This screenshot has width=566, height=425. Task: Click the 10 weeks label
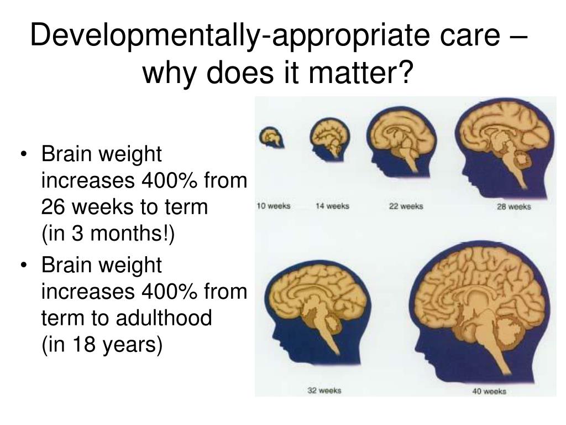click(274, 206)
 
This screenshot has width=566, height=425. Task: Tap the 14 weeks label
click(332, 206)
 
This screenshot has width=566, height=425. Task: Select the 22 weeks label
click(406, 206)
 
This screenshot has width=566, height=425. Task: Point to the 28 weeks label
click(513, 206)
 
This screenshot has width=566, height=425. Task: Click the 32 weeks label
click(324, 391)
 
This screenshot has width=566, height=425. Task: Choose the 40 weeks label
click(489, 392)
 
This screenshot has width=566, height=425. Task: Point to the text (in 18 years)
click(102, 345)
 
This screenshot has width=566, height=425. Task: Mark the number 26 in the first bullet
click(54, 208)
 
